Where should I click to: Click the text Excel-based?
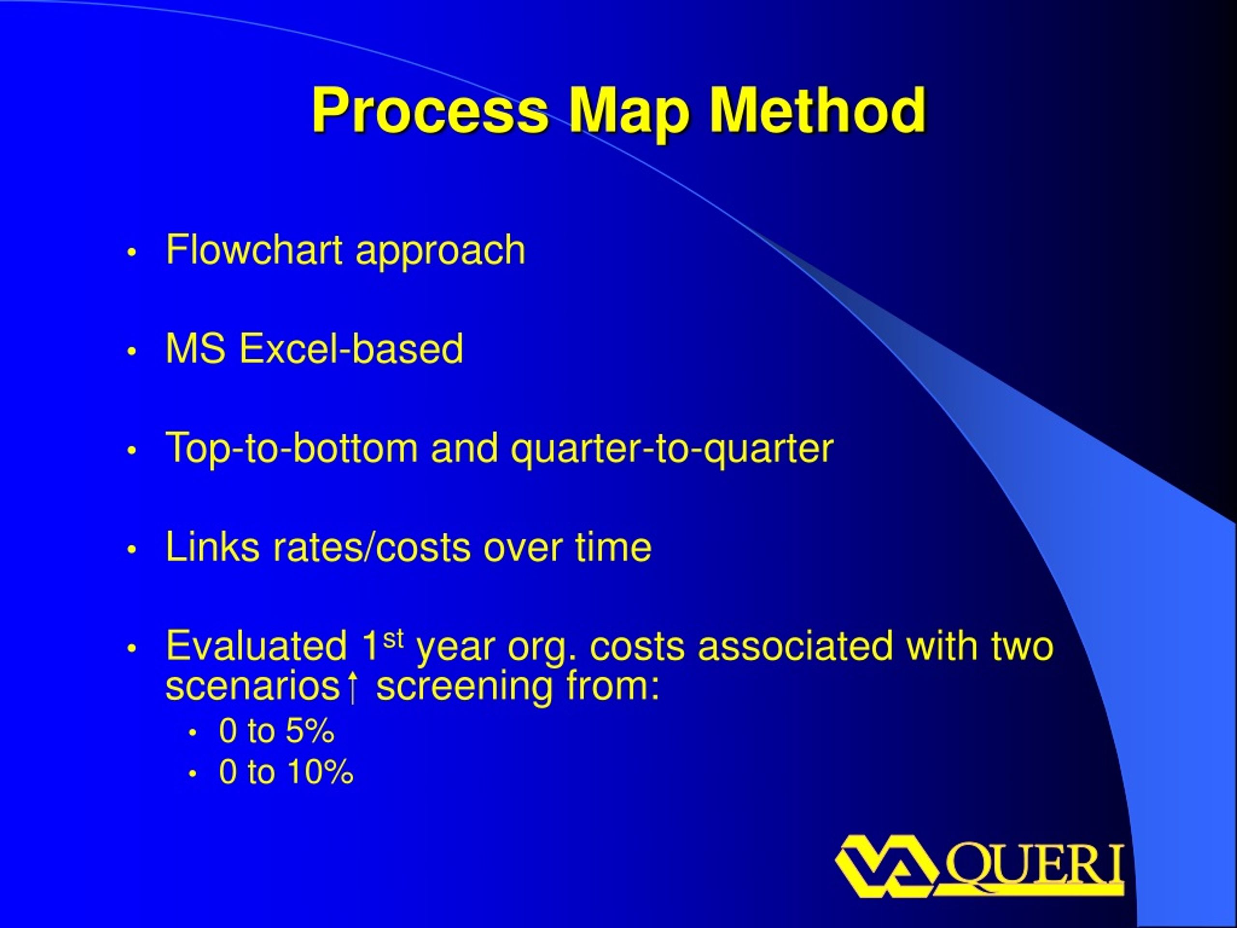tap(351, 348)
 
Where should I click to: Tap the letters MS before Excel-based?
tap(195, 348)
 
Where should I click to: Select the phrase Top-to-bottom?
tap(291, 448)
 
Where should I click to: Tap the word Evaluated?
tap(256, 646)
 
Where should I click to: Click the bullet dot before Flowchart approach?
tap(131, 252)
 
